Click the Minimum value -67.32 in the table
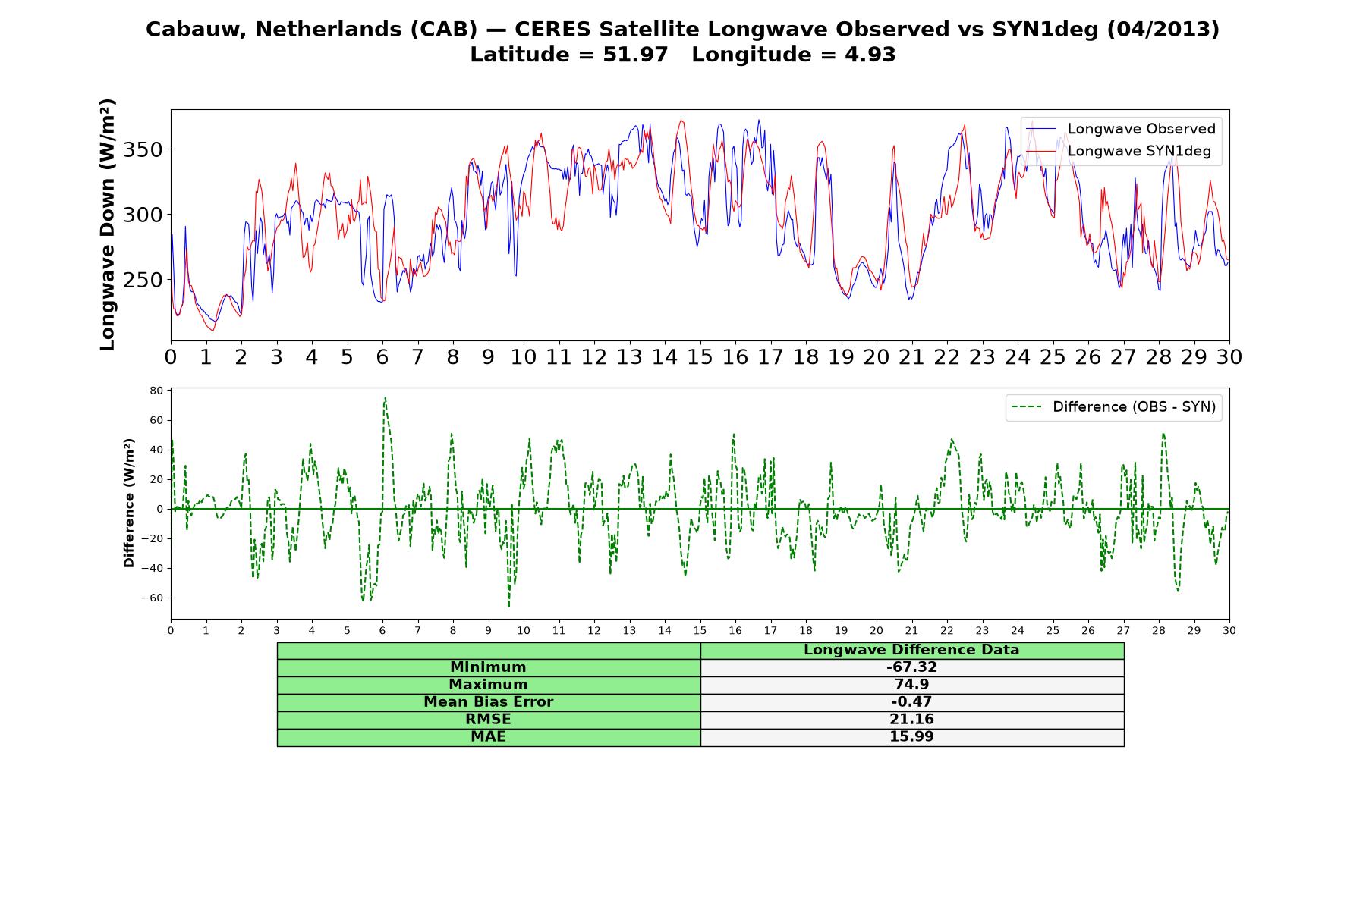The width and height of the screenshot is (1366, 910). click(911, 667)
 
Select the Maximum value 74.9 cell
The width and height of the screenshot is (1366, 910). click(911, 685)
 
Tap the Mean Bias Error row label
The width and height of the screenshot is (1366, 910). click(488, 702)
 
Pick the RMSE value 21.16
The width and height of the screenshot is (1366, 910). click(911, 720)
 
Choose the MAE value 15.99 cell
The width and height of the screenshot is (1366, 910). click(911, 737)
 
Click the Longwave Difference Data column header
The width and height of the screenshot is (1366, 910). click(911, 650)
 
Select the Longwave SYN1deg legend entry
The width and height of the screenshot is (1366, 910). click(1119, 151)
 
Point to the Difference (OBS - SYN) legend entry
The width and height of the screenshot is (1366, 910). click(1114, 407)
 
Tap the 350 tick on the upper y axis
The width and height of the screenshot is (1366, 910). click(143, 149)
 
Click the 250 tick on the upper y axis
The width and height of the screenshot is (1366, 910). click(143, 280)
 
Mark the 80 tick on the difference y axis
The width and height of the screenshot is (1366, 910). click(156, 391)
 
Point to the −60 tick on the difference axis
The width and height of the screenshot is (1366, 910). click(153, 598)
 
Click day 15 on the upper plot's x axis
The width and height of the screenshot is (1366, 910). click(700, 357)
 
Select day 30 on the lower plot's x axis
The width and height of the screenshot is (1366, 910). click(1229, 630)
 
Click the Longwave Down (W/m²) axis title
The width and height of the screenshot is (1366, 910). click(108, 224)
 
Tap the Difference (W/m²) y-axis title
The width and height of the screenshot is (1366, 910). click(129, 503)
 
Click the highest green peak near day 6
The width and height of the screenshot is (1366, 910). click(385, 397)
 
